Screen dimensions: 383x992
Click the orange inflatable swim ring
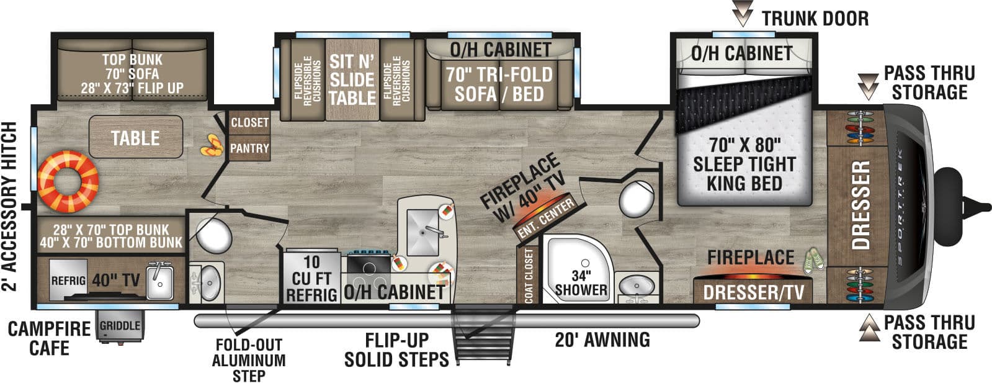(x=68, y=181)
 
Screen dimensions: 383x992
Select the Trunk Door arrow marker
(x=743, y=14)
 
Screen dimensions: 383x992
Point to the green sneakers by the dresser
(x=813, y=261)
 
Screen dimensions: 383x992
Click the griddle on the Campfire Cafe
(x=120, y=326)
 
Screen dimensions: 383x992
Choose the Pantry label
(x=249, y=148)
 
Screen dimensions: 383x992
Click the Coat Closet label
(x=529, y=276)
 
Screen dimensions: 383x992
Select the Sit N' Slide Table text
(x=352, y=79)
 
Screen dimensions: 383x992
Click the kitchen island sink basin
(x=423, y=232)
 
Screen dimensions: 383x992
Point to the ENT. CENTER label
(x=545, y=219)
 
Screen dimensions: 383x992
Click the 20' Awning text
(x=602, y=340)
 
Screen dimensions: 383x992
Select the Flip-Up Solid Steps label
(x=396, y=349)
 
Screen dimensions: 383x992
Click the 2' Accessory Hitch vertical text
(x=9, y=207)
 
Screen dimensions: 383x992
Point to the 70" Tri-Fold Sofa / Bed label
(x=499, y=84)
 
